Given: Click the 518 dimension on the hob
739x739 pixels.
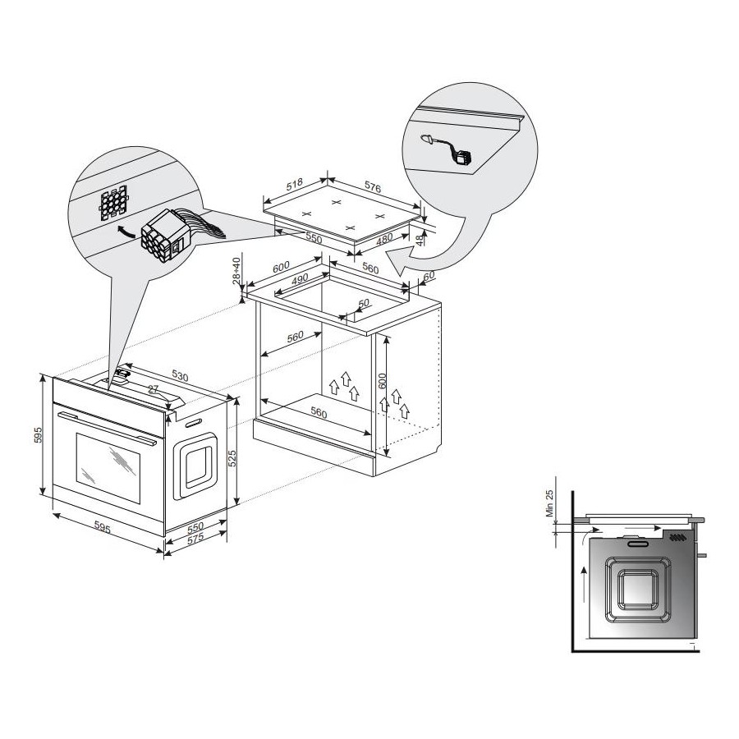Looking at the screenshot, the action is (295, 184).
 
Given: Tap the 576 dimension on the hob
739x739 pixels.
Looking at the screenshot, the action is (372, 186).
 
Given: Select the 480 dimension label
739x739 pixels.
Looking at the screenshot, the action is (384, 240).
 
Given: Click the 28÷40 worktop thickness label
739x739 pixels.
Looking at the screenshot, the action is (237, 270).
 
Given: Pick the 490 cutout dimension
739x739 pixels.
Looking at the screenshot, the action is (299, 279).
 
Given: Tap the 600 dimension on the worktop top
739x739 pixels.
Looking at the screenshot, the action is (281, 267).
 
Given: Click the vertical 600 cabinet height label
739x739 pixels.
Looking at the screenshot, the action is (382, 381).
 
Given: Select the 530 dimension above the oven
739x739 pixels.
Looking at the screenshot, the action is (180, 375).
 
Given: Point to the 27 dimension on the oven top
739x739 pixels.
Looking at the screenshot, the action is (153, 389).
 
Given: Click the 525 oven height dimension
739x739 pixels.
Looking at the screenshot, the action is (232, 458).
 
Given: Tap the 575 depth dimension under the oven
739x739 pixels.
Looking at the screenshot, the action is (195, 537).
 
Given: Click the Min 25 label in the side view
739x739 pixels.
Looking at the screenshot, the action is (549, 503).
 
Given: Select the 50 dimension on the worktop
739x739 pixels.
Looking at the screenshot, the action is (364, 304).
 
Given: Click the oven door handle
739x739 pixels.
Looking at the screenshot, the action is (108, 428).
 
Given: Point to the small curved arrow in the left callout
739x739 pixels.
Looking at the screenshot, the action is (126, 231).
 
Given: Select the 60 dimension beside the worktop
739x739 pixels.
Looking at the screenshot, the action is (429, 277).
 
